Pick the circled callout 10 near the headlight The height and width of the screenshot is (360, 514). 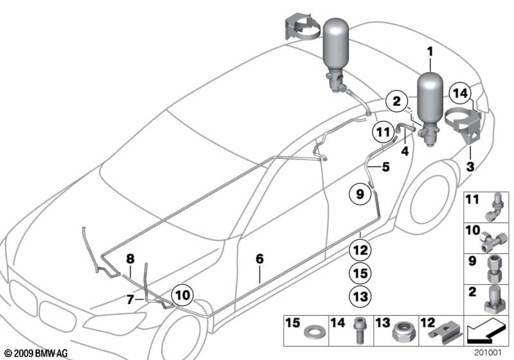pos(182,295)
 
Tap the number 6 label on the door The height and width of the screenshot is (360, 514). pos(260,259)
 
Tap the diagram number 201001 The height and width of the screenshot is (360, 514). pos(490,352)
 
